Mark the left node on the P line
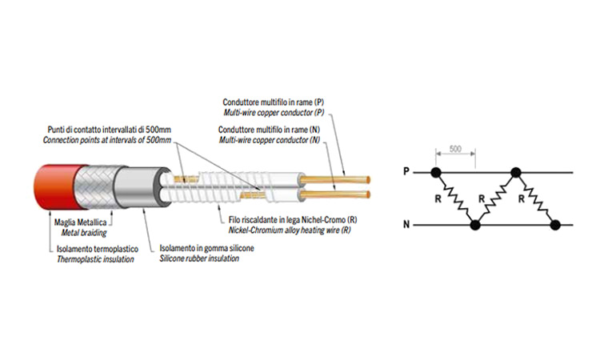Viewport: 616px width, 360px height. point(436,171)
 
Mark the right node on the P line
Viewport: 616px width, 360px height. point(516,171)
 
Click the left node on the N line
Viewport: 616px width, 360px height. point(475,226)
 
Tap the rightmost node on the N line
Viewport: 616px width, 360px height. point(555,226)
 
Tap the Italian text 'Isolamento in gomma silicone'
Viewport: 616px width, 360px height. point(207,248)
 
